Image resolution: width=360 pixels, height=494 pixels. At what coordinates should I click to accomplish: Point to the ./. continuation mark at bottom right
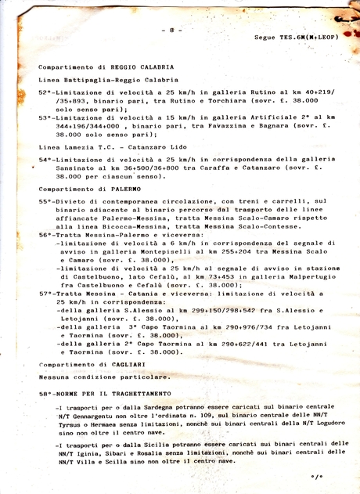315,475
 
